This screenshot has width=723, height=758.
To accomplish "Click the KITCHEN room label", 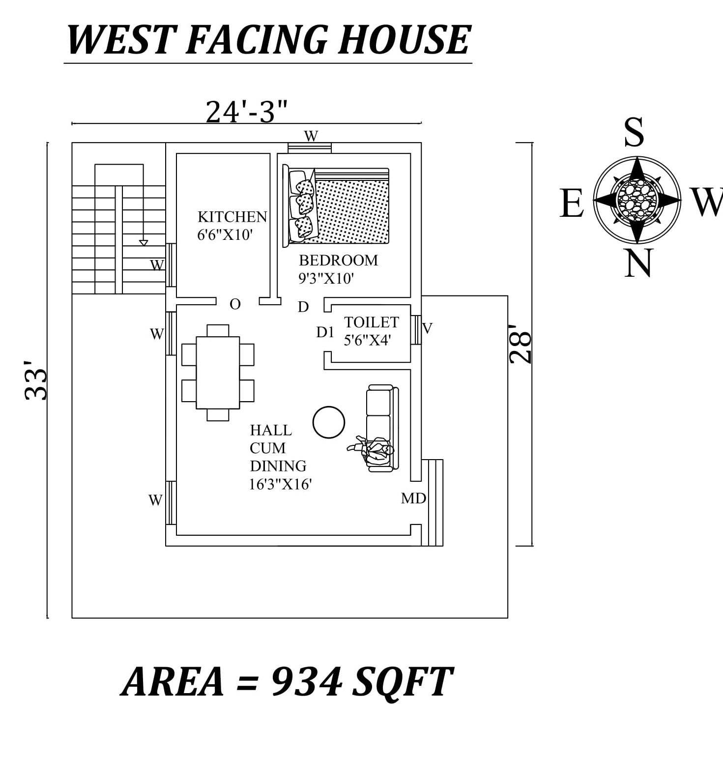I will coord(232,217).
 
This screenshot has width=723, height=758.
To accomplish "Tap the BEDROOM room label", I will coord(338,260).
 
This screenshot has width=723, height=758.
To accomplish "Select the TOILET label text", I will coord(371,322).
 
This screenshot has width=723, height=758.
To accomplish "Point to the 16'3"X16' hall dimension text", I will coord(280,485).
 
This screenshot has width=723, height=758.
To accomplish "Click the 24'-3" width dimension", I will coord(246,112).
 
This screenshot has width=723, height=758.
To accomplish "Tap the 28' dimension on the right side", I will coord(521,344).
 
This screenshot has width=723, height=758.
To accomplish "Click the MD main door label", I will coord(413,498).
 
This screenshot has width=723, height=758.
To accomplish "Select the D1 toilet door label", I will coord(325,333).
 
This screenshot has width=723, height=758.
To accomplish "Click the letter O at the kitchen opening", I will coord(235,305).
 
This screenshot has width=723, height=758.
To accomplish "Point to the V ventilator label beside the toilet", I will coord(427,328).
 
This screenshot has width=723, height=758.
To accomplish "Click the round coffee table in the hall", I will coord(329,422).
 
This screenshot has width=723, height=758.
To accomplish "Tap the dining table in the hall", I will coord(218,372).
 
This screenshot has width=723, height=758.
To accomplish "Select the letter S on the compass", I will coord(634,132).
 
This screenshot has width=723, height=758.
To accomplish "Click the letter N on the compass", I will coord(637,263).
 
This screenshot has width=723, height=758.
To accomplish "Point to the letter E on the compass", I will coord(571,204).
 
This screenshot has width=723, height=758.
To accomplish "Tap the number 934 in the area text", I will coord(306,682).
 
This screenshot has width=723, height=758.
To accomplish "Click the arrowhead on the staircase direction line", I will coord(144,242).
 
